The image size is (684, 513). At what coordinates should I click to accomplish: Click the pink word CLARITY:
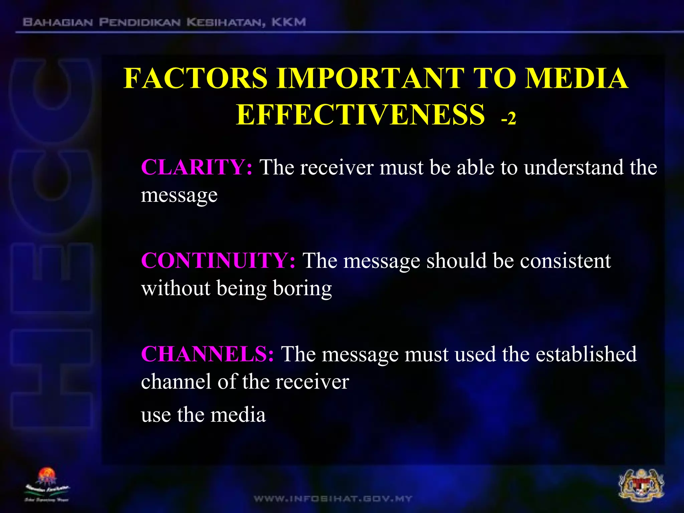click(x=196, y=167)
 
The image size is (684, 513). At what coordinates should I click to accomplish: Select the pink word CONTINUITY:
click(x=218, y=261)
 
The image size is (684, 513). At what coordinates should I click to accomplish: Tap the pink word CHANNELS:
click(x=207, y=354)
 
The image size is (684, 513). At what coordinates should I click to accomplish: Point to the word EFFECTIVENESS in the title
click(x=360, y=115)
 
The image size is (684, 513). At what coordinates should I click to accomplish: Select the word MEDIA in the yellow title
click(x=576, y=78)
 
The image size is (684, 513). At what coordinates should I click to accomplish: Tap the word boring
click(x=302, y=288)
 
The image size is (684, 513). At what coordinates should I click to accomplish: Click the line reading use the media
click(x=203, y=415)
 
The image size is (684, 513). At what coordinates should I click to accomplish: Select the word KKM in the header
click(x=289, y=22)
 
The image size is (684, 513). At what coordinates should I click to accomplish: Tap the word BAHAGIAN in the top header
click(x=58, y=22)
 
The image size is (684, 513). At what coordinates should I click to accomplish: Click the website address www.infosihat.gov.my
click(x=333, y=499)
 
